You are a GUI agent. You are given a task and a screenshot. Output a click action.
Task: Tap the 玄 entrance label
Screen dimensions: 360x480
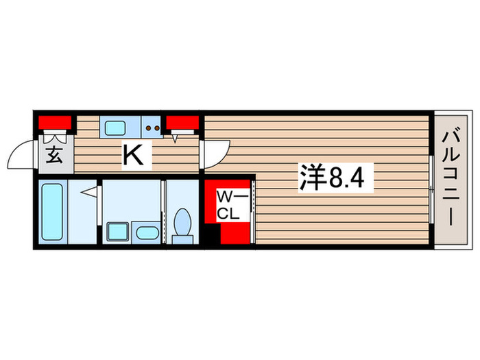click(54, 154)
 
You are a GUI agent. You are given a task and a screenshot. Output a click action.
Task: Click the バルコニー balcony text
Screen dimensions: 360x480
click(451, 180)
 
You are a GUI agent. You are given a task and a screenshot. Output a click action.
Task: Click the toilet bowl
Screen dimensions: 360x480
click(183, 221)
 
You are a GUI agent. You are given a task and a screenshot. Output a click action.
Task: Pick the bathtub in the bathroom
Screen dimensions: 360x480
click(52, 211)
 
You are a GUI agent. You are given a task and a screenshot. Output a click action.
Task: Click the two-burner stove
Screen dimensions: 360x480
click(152, 126)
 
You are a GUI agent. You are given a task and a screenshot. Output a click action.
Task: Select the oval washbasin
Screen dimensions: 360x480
click(145, 232)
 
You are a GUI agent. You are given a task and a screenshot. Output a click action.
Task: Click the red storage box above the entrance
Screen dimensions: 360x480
click(55, 123)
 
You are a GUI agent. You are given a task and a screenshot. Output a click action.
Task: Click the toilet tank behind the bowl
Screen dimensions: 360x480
click(183, 239)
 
